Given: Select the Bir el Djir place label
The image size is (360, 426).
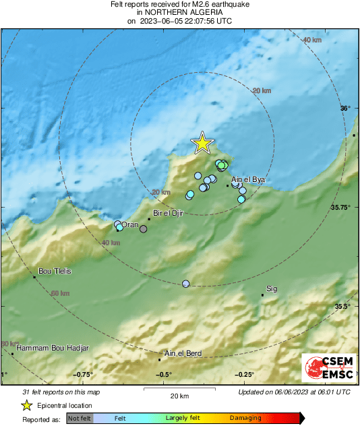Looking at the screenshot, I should tap(169, 213).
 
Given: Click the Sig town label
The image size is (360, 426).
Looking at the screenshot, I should tap(272, 289).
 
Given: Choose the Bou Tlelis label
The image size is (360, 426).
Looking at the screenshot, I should tap(55, 271).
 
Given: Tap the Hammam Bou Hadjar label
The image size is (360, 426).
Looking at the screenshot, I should tap(52, 348).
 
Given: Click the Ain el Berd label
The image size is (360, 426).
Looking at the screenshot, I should tap(183, 354).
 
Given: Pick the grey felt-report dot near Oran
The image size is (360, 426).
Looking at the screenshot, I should tap(143, 229).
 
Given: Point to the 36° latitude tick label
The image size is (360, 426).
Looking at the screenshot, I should tap(345, 109).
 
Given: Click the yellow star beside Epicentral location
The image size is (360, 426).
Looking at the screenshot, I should tap(26, 406).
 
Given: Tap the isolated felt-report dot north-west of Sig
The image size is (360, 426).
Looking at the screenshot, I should tap(186, 284).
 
